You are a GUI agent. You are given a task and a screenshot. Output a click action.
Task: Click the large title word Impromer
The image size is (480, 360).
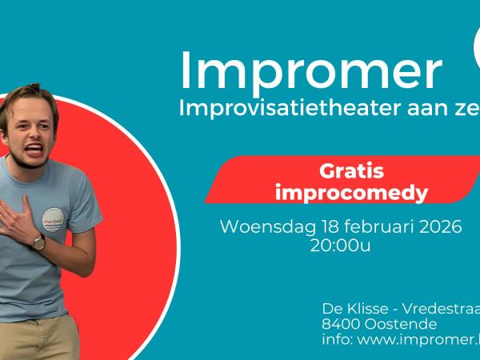(x=310, y=70)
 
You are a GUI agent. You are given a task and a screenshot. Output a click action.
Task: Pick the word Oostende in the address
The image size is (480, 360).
(x=398, y=325)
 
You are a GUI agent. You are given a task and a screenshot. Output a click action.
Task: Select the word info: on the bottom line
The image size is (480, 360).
(x=338, y=342)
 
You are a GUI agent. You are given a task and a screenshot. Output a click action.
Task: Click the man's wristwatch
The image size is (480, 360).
(x=38, y=241)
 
